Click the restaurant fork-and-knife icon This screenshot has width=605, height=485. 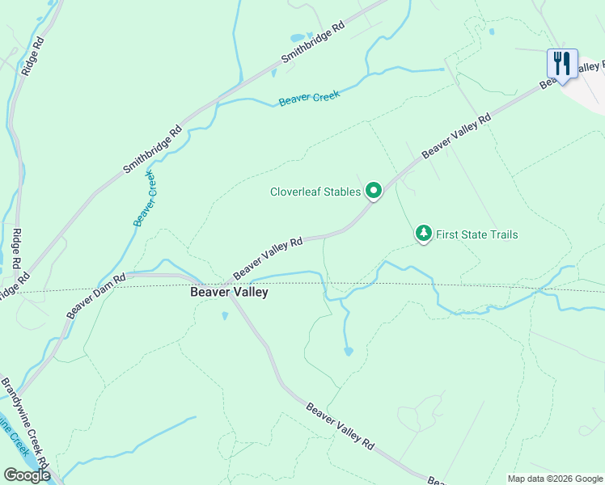coord(561,63)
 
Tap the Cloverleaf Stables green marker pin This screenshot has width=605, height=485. coord(374,191)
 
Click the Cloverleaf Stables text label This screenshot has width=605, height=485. coord(315,192)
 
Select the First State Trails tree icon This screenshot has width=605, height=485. coord(423,234)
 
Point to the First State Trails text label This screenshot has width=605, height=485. coord(476,235)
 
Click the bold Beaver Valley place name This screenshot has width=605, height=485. coord(229,293)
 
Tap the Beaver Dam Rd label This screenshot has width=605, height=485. coord(95,296)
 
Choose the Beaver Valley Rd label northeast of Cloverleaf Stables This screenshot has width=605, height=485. coord(456,136)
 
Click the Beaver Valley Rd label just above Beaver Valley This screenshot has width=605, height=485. coord(268,258)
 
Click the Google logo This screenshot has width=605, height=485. coord(27,475)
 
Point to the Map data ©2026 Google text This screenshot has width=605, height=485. coord(555,479)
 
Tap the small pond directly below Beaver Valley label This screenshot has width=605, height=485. coord(224,316)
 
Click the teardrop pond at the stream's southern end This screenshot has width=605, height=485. coord(348,351)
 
